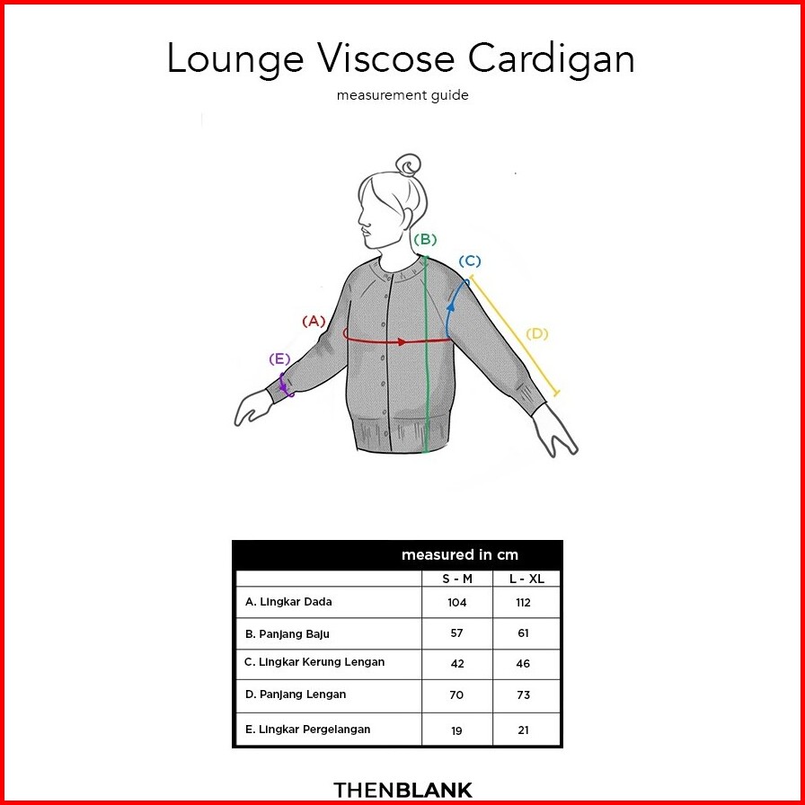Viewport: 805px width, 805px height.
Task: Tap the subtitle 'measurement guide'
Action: (402, 95)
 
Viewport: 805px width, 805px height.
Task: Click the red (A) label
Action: (314, 321)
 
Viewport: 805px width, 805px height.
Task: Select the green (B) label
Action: (425, 239)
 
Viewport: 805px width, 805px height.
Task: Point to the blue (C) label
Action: (470, 261)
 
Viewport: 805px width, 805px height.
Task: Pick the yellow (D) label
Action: (536, 334)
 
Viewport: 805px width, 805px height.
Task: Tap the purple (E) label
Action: (279, 359)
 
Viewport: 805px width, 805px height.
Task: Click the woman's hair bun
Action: (409, 166)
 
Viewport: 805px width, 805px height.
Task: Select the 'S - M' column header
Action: (457, 579)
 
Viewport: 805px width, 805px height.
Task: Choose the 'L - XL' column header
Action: (526, 579)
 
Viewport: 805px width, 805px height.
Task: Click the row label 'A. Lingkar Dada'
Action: (288, 602)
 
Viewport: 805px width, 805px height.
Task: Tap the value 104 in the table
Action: (457, 602)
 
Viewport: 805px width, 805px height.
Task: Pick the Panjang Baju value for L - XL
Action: (524, 633)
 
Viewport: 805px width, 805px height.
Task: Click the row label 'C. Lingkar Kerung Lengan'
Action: (314, 662)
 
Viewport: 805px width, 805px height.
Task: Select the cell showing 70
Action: (457, 694)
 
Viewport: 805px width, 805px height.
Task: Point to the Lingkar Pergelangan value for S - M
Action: (457, 730)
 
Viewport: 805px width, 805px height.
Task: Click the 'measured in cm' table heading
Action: (459, 555)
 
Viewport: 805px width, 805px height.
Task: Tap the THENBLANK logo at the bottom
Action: (402, 791)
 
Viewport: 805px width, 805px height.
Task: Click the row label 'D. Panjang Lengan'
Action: (296, 694)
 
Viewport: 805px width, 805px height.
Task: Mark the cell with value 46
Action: (524, 664)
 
